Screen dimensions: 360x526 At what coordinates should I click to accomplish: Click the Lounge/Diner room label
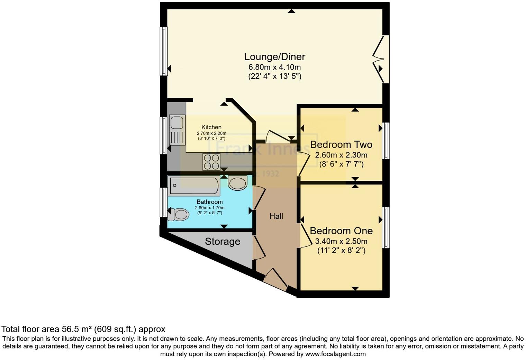pos(275,57)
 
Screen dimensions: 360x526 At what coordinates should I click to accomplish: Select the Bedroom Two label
pos(341,145)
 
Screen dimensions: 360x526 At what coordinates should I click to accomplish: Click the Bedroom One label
pos(341,231)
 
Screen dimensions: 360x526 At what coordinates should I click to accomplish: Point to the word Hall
pos(276,216)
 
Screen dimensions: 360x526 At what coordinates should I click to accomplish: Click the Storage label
pos(222,242)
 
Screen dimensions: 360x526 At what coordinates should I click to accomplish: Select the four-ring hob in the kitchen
pos(211,162)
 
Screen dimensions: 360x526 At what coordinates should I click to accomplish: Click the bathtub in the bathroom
pos(194,186)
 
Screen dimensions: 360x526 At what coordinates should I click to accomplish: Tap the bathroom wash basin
pos(237,183)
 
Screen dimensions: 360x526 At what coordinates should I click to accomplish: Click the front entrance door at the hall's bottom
pos(275,279)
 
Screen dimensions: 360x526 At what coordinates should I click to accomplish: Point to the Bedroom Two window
pos(386,141)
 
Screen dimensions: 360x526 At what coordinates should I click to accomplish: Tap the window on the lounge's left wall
pos(164,51)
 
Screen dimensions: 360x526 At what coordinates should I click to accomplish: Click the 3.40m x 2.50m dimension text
pos(341,241)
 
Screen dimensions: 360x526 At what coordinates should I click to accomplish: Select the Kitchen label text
pos(211,127)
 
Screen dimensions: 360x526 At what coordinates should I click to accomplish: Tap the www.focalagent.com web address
pos(335,354)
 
